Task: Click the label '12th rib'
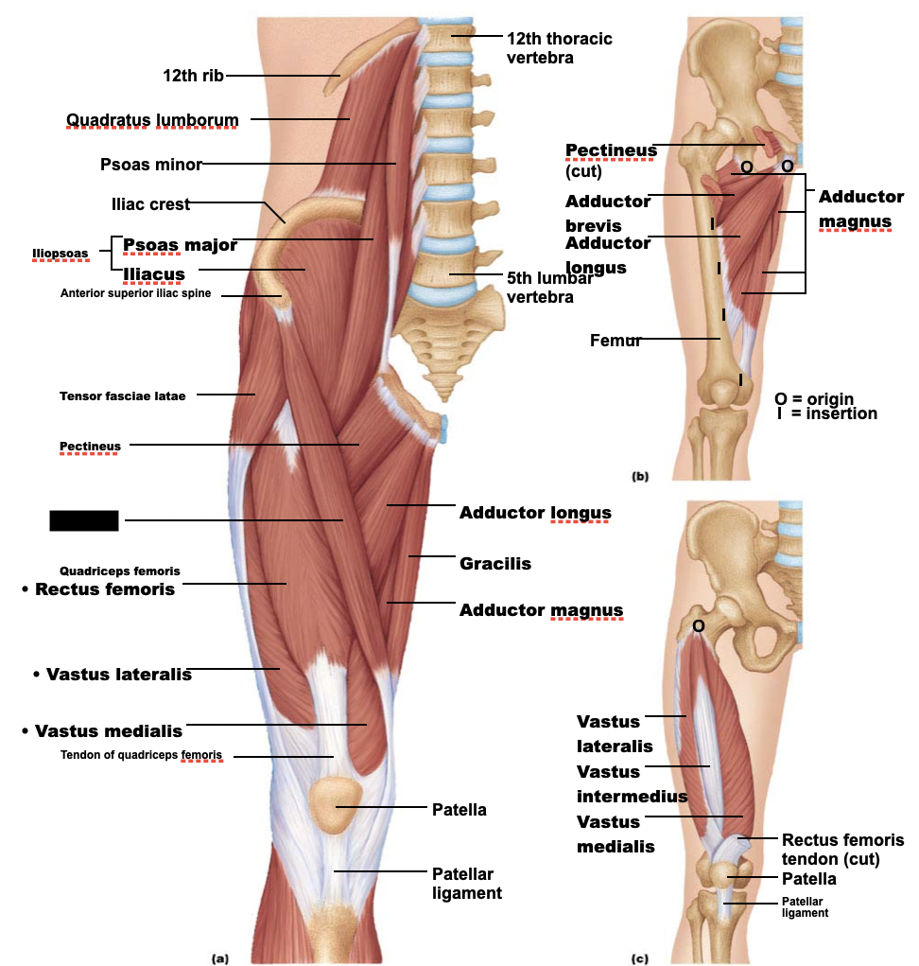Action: click(x=193, y=75)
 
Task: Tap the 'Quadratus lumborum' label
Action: click(x=151, y=119)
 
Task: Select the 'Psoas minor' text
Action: click(x=150, y=165)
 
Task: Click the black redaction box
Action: click(x=84, y=520)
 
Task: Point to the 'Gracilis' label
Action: click(x=494, y=564)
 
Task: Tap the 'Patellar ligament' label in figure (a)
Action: click(x=462, y=883)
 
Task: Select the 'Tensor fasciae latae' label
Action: click(x=123, y=395)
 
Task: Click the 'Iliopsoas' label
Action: click(x=60, y=253)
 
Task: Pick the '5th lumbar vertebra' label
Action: click(x=548, y=287)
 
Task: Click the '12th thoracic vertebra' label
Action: click(x=559, y=47)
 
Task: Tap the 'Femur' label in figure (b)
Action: click(x=616, y=341)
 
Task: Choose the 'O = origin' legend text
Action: click(x=813, y=398)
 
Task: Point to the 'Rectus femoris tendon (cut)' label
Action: click(x=842, y=850)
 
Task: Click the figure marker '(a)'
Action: click(x=220, y=957)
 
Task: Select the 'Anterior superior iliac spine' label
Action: click(x=135, y=293)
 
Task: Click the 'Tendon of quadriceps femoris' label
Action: click(x=142, y=755)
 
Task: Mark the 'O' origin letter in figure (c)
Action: click(x=698, y=625)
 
